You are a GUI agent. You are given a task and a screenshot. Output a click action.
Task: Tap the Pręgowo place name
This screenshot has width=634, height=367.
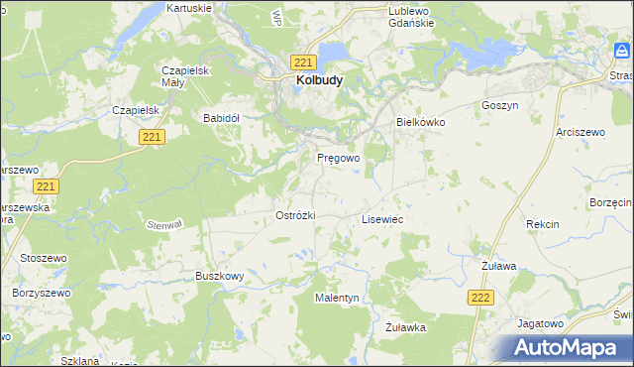click(x=338, y=158)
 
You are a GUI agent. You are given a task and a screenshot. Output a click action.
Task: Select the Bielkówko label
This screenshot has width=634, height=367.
click(x=421, y=122)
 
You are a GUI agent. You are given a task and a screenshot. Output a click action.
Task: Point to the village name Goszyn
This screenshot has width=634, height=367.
click(x=499, y=105)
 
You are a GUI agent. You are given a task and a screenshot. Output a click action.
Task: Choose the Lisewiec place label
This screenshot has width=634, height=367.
click(x=381, y=219)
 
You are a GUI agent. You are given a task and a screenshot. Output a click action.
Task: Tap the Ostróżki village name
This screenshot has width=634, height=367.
click(x=295, y=215)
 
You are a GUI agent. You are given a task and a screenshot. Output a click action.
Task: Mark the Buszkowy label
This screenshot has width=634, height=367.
click(x=219, y=276)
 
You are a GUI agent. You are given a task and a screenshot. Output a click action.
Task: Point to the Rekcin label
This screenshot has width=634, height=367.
click(x=543, y=225)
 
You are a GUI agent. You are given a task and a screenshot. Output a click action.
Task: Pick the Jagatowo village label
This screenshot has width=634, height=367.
click(x=540, y=323)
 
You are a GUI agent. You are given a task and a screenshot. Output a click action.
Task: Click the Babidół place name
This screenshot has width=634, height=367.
click(x=222, y=117)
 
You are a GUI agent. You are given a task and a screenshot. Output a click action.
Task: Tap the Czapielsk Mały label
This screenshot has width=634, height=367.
click(x=183, y=76)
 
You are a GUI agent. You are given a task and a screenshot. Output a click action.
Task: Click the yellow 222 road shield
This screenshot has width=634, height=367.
click(x=480, y=297)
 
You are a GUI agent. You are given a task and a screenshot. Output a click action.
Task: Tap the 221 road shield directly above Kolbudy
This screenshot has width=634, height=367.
click(x=304, y=61)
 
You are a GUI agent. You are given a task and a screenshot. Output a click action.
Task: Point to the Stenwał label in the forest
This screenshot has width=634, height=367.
click(x=165, y=224)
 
